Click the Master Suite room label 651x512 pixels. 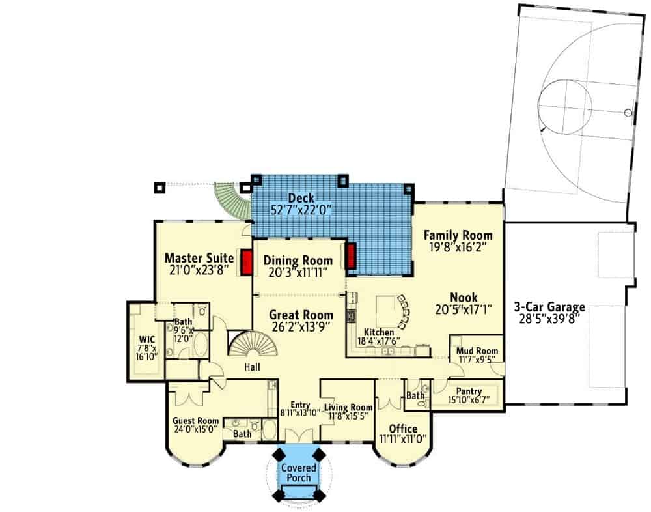(x=199, y=258)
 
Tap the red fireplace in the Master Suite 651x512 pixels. (x=247, y=262)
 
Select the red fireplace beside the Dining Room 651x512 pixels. (x=352, y=257)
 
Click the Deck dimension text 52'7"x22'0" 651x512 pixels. (x=301, y=210)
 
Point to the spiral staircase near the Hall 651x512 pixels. (x=253, y=343)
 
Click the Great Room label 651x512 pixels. (x=301, y=315)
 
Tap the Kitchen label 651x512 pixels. (x=379, y=332)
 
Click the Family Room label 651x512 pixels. (x=458, y=235)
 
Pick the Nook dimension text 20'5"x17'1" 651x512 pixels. (x=464, y=309)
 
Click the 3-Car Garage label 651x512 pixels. (x=549, y=307)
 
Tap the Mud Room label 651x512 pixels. (x=477, y=351)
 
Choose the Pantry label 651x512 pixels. (x=469, y=391)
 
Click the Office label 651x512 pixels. (x=403, y=429)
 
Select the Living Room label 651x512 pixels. (x=348, y=407)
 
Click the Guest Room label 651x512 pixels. (x=195, y=421)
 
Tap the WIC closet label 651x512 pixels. (x=147, y=340)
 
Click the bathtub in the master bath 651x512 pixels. (x=201, y=343)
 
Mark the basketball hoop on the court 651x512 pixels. (x=628, y=112)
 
